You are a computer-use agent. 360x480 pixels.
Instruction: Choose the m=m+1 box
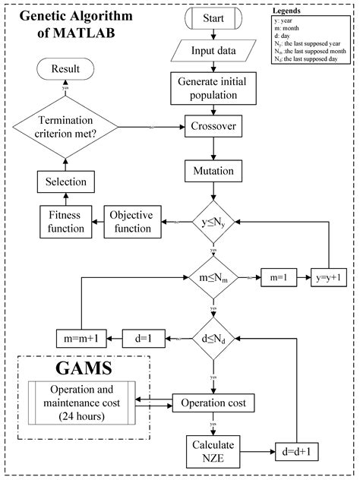tap(84, 337)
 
